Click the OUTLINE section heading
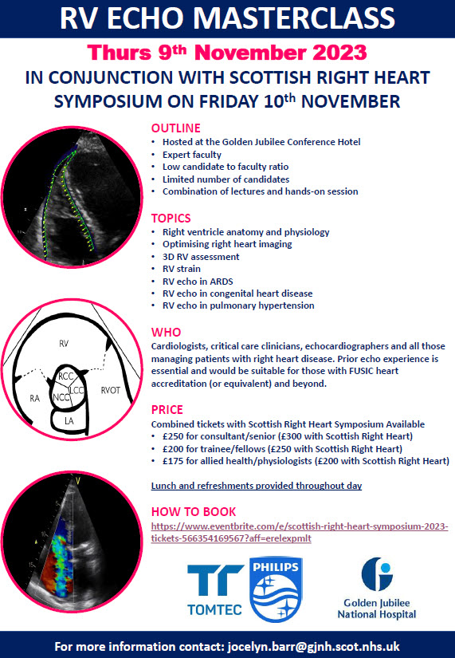coord(176,128)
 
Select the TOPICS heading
coord(171,218)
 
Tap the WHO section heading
coord(166,332)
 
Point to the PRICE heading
coord(167,410)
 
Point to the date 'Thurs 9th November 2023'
coord(227,53)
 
